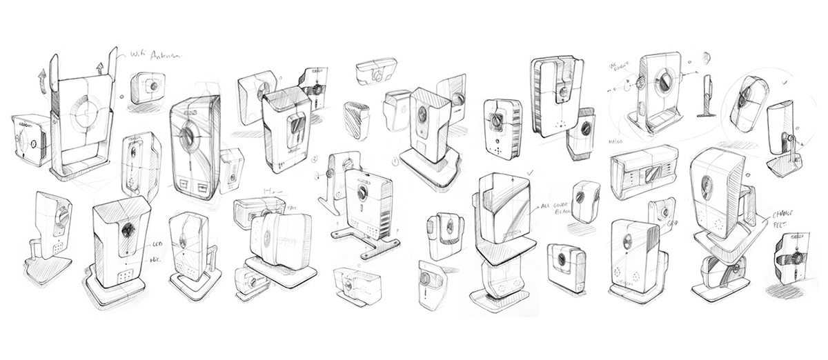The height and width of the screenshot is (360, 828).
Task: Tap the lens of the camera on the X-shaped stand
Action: tap(359, 194)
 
